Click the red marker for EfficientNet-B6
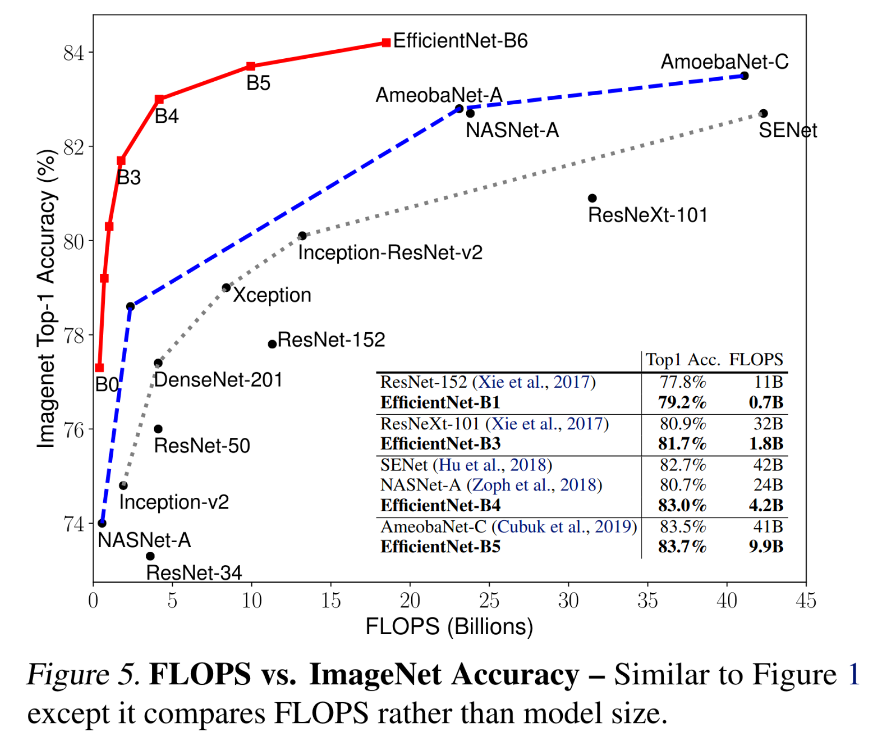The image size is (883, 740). [x=386, y=43]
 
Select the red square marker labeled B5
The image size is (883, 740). [x=251, y=66]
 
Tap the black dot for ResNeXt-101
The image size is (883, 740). [x=592, y=198]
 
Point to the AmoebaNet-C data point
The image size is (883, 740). [x=745, y=76]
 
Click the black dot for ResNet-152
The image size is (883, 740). [x=272, y=344]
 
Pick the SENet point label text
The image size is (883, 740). [x=788, y=130]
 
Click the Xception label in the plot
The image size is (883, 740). [x=272, y=295]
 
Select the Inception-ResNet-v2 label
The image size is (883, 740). [x=390, y=252]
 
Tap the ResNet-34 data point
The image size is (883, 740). [x=150, y=556]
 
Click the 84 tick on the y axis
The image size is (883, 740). [x=74, y=52]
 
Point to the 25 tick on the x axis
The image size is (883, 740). [x=489, y=601]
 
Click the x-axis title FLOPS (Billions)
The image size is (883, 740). [x=449, y=627]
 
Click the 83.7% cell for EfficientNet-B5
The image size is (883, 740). [x=682, y=546]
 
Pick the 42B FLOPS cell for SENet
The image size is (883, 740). [x=768, y=465]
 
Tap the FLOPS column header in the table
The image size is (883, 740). [x=756, y=360]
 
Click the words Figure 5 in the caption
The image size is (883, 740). [x=83, y=674]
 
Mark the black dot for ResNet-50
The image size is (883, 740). [x=158, y=429]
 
